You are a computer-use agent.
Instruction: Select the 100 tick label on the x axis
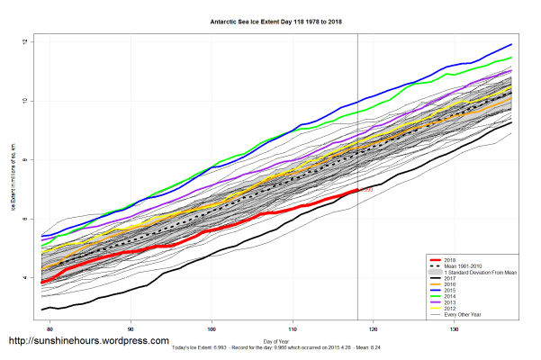[x=212, y=329]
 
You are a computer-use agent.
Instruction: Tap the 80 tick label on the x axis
[x=51, y=329]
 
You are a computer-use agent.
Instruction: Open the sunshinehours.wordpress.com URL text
[x=88, y=341]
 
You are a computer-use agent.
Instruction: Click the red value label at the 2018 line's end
[x=366, y=190]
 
